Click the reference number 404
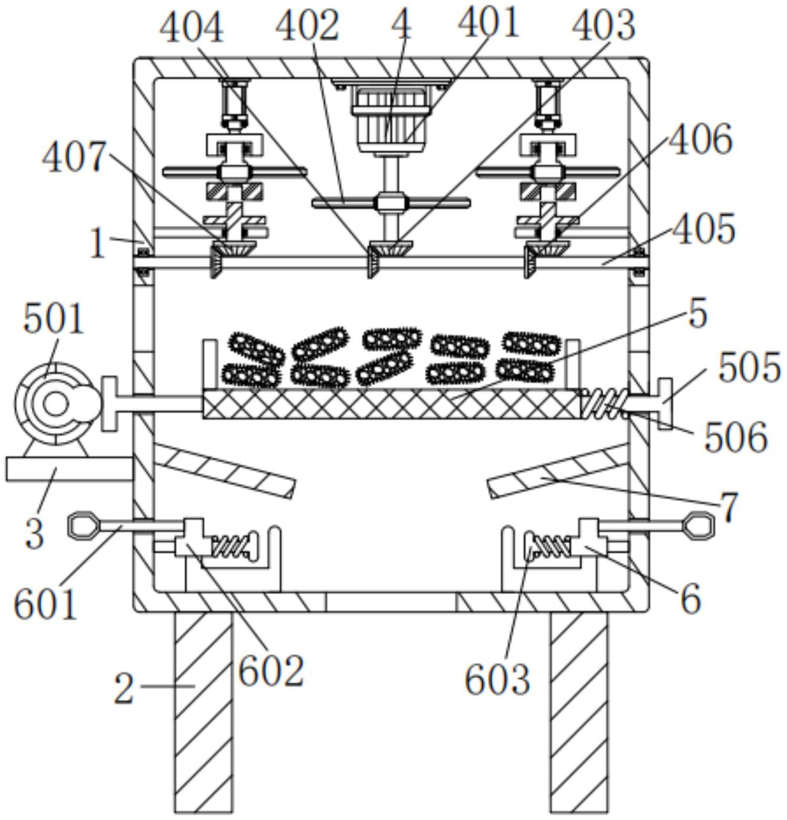(192, 28)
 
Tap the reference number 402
(307, 26)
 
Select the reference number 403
(604, 26)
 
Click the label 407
(75, 157)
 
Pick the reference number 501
(53, 319)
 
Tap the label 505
(749, 367)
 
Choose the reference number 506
(736, 438)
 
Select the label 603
(497, 679)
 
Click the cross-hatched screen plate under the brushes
(393, 404)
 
